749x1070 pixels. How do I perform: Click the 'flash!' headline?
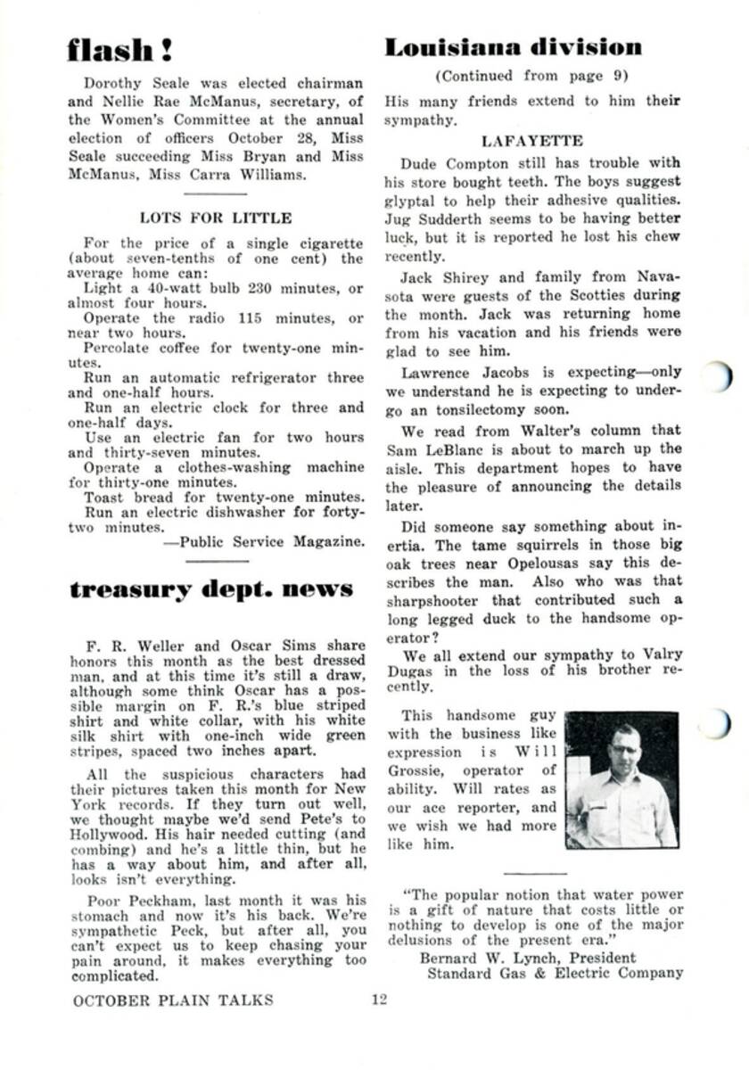pos(120,50)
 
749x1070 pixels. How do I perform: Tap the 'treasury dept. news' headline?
pos(211,589)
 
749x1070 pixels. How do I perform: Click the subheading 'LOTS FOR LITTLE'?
pos(216,217)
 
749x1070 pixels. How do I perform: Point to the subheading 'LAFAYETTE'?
pos(532,141)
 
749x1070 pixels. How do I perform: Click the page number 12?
pos(380,1000)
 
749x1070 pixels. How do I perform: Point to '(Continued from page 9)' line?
pos(531,76)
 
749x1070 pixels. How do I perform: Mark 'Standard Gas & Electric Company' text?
pos(555,972)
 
